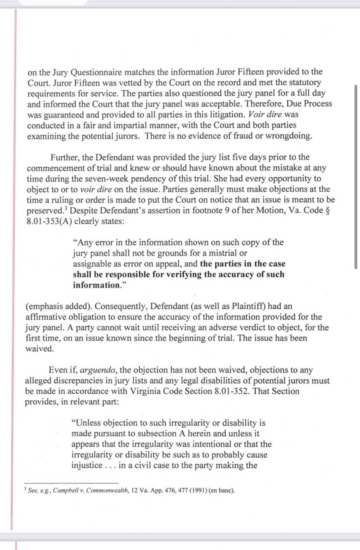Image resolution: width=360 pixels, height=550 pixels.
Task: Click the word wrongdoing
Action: click(289, 136)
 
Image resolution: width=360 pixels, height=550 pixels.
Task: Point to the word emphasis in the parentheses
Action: click(44, 306)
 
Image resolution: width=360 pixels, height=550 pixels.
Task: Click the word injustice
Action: click(87, 465)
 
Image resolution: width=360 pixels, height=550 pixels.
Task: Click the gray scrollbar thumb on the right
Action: click(356, 177)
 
